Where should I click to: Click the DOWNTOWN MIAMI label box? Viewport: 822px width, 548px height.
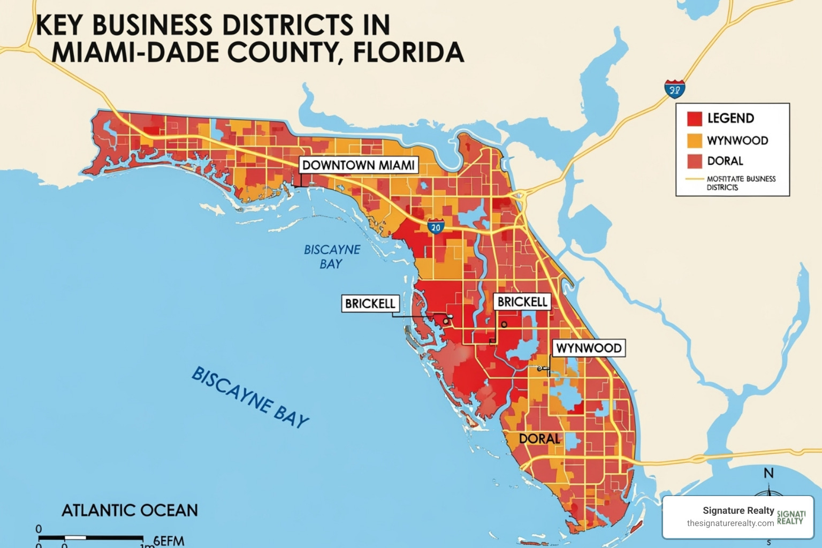tap(359, 165)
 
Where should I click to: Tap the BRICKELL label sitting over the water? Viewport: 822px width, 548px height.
tap(370, 303)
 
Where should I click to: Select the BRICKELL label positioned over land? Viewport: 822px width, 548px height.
tap(522, 302)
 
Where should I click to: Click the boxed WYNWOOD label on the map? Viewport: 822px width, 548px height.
tap(589, 348)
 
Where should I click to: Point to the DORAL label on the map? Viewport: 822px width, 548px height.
tap(539, 439)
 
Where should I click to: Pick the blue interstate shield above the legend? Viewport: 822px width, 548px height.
tap(675, 89)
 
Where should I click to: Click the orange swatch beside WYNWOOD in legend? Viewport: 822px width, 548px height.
tap(694, 141)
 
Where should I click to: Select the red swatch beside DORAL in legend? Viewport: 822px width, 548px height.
tap(694, 161)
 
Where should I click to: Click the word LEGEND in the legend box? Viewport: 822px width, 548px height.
tap(730, 118)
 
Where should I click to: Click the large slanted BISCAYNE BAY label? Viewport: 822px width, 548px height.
tap(250, 397)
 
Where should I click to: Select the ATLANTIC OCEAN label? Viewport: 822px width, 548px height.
tap(130, 511)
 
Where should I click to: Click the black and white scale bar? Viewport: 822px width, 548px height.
tap(91, 537)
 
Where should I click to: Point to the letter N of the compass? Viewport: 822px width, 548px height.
tap(768, 473)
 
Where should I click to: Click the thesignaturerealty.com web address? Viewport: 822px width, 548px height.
tap(730, 523)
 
